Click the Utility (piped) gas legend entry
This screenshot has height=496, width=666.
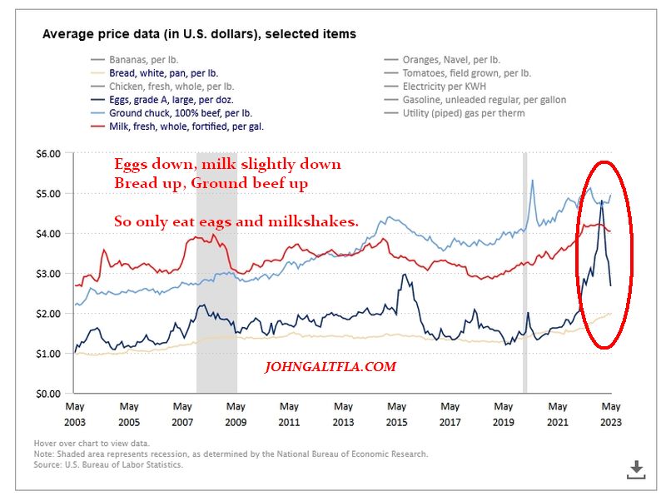463,113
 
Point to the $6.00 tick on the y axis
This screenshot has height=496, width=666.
49,154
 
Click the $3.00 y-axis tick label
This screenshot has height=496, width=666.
49,274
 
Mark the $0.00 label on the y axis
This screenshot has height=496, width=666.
49,394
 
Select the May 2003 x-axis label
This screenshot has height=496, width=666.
75,414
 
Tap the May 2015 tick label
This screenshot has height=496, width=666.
396,414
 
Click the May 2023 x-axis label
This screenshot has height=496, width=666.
610,414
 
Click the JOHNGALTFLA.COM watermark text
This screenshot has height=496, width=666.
330,366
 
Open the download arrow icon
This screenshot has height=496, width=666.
636,469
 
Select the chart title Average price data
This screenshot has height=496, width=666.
199,34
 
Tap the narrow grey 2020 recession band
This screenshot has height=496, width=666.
524,275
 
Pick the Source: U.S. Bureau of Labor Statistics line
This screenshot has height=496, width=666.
108,464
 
